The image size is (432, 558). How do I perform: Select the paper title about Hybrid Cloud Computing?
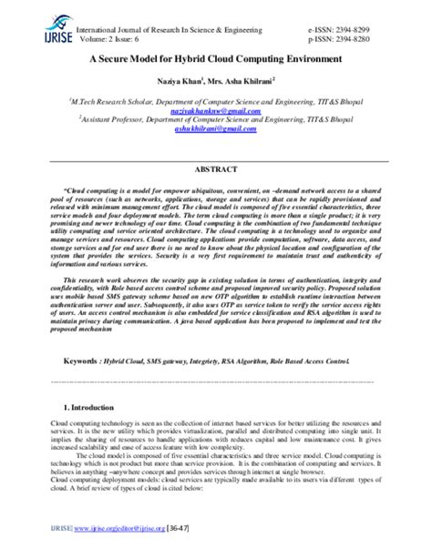pos(214,57)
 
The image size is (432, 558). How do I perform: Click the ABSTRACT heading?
pos(215,169)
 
